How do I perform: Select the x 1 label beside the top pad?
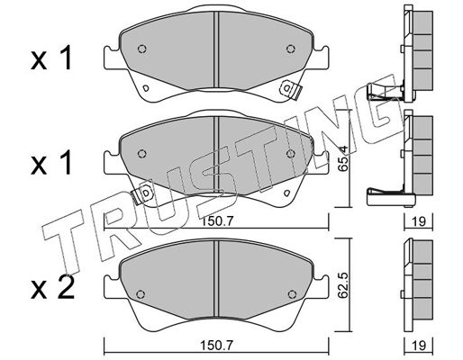(x=51, y=58)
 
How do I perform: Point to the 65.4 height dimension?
(x=343, y=162)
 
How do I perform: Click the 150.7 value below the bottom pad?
(x=216, y=345)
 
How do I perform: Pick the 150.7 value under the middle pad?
(x=216, y=221)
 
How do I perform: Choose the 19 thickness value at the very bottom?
(x=419, y=345)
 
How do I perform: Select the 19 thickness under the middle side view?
(x=419, y=221)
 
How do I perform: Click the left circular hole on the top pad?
(x=142, y=49)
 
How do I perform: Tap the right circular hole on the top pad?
(x=291, y=49)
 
